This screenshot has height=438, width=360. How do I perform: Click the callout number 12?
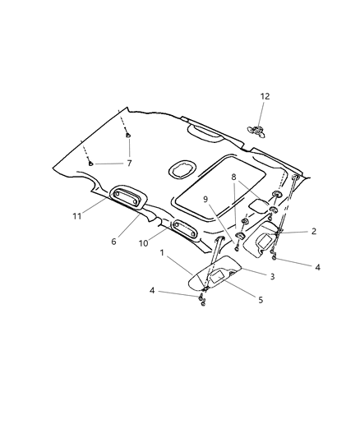[265, 97]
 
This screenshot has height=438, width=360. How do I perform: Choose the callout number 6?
[114, 242]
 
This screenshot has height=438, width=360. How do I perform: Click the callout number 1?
[163, 252]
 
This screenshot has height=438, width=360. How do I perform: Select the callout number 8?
[234, 177]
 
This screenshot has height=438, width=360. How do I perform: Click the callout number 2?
[313, 232]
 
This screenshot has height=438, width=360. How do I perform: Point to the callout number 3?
[271, 276]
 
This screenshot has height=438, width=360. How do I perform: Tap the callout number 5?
[260, 300]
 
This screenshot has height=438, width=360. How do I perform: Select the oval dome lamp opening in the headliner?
[180, 170]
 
